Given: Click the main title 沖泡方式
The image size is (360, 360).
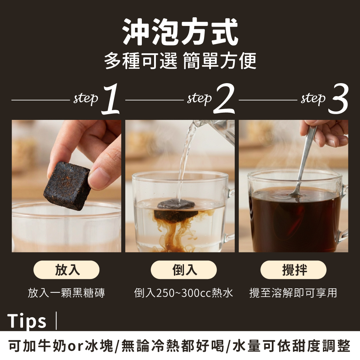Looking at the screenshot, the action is point(180,31).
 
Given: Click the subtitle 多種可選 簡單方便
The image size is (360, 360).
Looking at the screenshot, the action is point(180,60).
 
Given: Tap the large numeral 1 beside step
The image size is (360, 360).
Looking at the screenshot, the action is point(111,99).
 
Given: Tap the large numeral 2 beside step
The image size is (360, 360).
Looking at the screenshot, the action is point(224,99).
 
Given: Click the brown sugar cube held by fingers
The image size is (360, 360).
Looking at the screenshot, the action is point(67,186).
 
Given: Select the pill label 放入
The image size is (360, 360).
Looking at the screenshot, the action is point(67,270).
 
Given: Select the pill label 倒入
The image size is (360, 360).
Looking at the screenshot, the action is point(184,270).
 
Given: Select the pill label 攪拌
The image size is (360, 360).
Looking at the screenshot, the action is point(293,270).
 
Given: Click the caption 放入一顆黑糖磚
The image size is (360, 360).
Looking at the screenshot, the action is point(66,293).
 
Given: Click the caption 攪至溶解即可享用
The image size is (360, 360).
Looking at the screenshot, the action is point(293,293).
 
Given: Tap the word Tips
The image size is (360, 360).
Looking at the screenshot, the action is point(27,321).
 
